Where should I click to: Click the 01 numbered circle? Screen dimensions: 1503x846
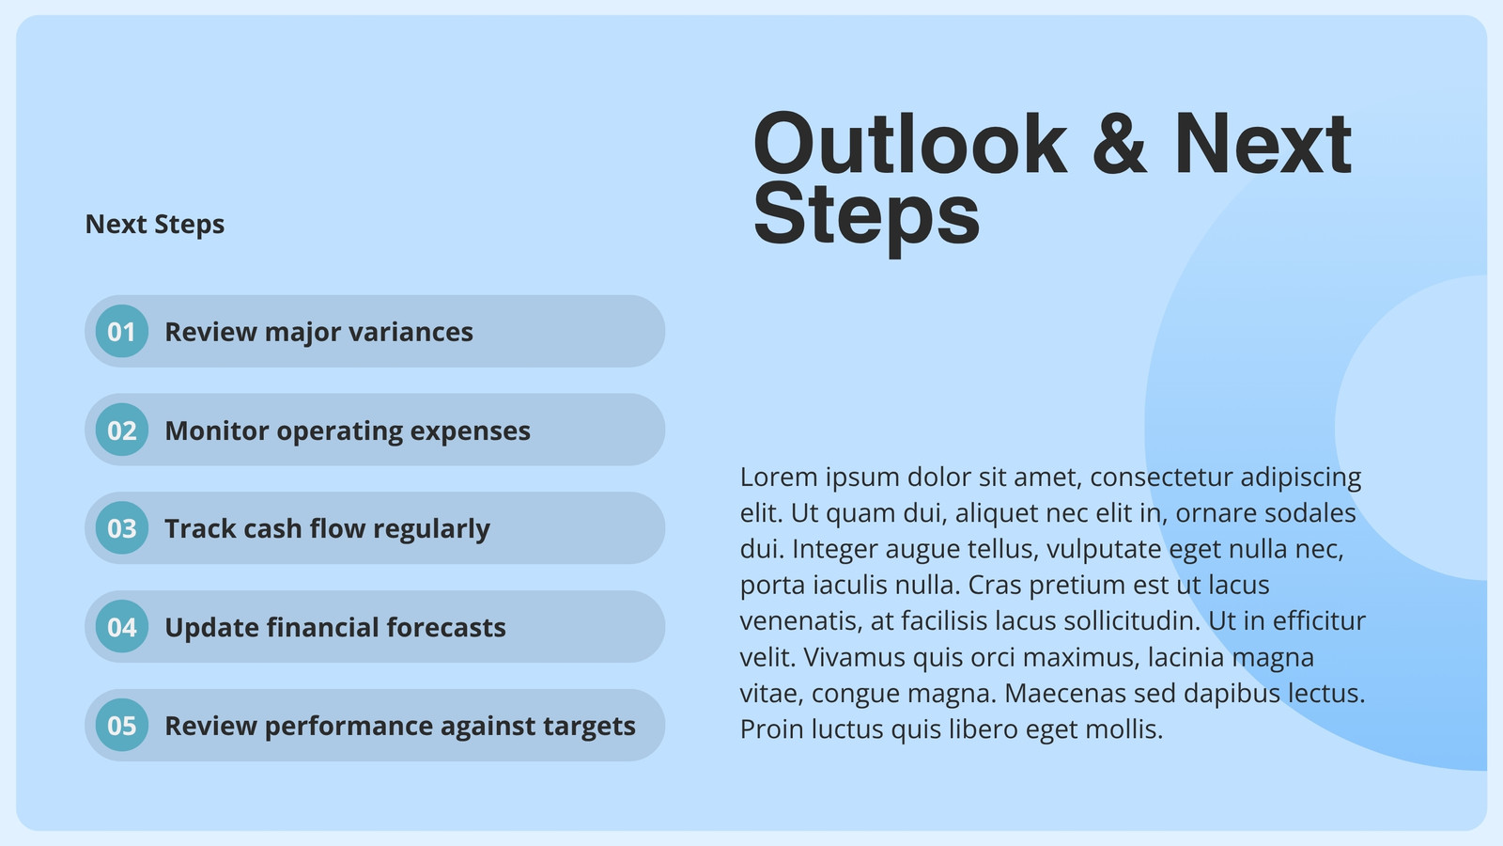[121, 331]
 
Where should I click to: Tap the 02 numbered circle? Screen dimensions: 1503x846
[121, 430]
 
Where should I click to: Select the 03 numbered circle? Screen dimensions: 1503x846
[121, 528]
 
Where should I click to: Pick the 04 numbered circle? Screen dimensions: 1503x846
[121, 626]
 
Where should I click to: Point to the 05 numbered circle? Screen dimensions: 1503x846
[121, 725]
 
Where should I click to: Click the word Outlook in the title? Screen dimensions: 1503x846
[910, 144]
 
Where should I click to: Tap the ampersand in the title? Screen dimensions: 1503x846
[1120, 144]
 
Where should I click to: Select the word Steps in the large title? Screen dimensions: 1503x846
[866, 216]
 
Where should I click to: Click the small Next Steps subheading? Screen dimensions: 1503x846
[155, 225]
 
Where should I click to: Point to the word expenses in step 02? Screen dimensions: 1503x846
[470, 431]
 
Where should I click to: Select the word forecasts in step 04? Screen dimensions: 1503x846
[445, 627]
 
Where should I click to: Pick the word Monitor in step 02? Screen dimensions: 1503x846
[217, 431]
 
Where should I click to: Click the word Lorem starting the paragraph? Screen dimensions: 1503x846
[779, 477]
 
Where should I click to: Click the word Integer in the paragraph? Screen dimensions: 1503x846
[835, 550]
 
